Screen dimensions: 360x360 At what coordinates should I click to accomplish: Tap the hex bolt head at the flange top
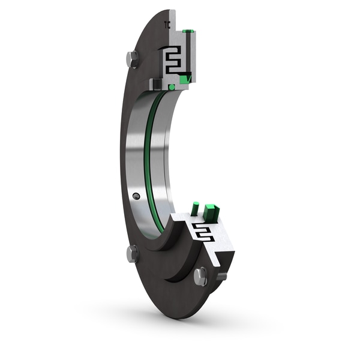133,59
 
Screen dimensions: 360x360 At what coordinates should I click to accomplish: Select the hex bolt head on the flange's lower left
133,253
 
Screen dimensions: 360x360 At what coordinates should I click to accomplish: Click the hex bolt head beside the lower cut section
200,276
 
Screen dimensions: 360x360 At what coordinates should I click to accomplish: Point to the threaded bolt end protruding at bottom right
221,275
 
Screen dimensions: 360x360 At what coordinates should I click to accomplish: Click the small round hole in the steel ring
137,196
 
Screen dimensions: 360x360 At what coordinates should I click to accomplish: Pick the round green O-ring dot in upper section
172,88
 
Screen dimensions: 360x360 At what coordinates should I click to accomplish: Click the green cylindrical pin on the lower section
195,209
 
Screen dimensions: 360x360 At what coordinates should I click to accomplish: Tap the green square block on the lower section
210,211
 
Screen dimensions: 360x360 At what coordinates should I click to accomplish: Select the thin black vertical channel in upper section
188,54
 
